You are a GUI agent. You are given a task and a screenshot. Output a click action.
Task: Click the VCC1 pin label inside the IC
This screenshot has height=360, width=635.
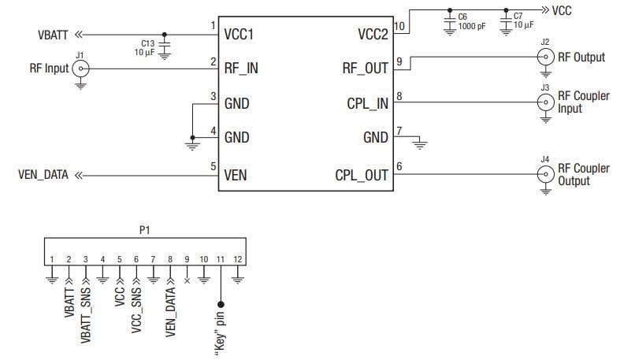click(x=244, y=35)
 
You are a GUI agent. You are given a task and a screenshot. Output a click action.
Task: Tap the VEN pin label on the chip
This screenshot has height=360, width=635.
click(x=236, y=175)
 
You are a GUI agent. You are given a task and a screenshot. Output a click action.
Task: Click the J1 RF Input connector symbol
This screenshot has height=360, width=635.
click(x=80, y=69)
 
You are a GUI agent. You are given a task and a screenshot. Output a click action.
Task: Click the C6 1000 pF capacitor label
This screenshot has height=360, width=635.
click(x=468, y=20)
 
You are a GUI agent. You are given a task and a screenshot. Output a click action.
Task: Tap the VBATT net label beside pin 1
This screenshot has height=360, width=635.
click(x=54, y=35)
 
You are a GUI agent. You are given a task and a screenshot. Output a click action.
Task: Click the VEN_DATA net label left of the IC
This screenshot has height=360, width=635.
click(x=43, y=175)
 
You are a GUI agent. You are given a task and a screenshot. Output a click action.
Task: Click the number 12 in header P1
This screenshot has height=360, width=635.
click(x=238, y=259)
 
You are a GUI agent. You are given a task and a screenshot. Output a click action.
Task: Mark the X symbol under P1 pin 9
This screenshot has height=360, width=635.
click(x=187, y=280)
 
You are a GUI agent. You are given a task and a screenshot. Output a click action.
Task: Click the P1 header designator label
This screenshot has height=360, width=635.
click(x=143, y=231)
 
